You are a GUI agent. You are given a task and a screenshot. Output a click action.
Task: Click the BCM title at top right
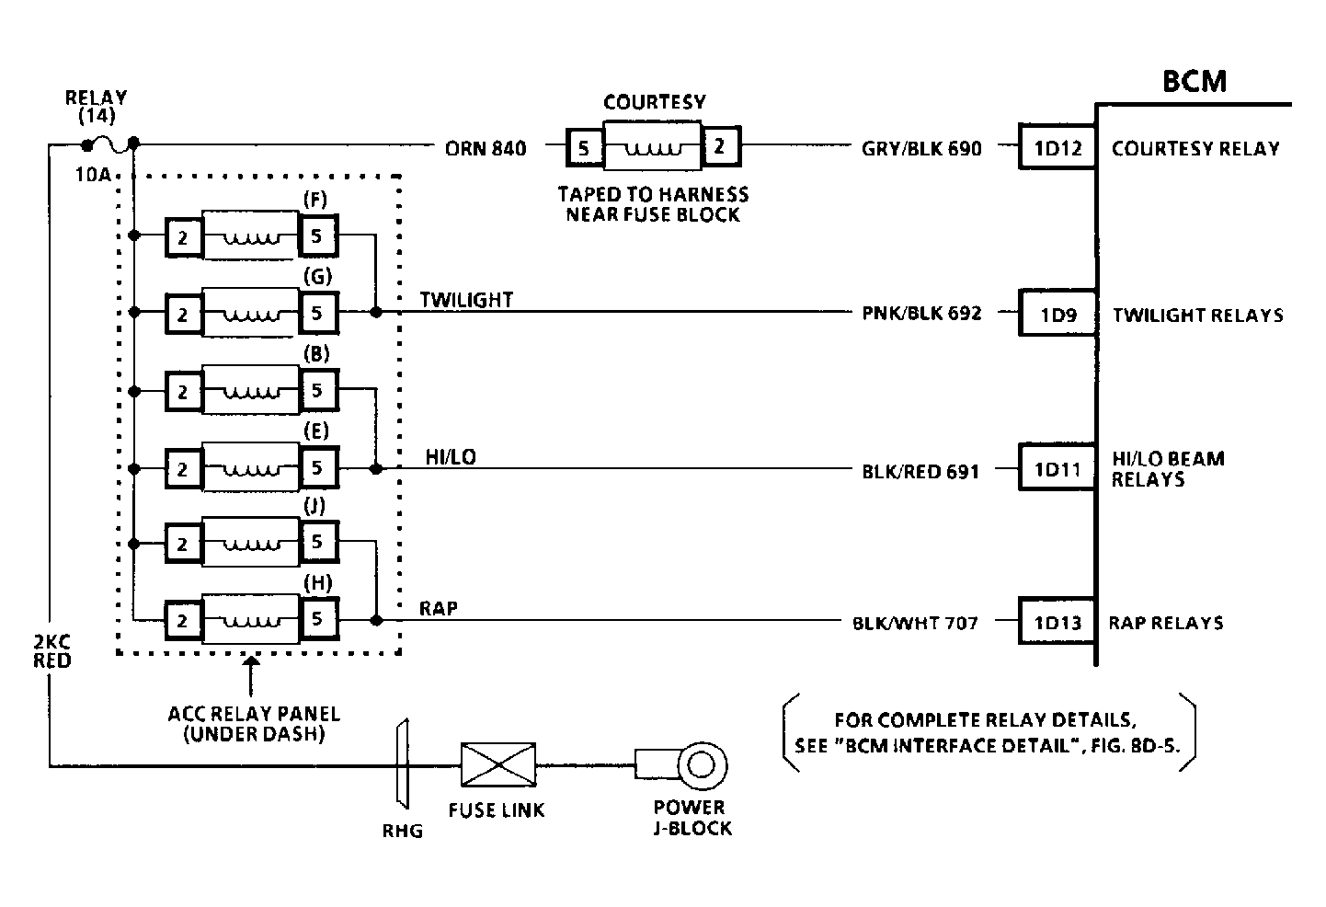(1194, 81)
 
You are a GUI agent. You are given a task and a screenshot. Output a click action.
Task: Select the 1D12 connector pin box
(1057, 147)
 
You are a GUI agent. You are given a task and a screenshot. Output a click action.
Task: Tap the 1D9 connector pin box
(1057, 314)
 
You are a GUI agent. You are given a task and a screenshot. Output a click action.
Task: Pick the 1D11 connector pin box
(1057, 468)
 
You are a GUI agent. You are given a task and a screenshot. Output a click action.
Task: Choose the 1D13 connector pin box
(1057, 622)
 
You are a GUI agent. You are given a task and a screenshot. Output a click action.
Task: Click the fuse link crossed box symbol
(498, 765)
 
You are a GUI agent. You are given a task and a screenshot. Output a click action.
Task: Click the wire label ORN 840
(486, 148)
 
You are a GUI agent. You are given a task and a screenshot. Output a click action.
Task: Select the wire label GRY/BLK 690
(921, 148)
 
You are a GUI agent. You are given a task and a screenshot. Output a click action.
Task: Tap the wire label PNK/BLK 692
(921, 313)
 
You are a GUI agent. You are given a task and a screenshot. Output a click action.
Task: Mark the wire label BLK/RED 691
(920, 471)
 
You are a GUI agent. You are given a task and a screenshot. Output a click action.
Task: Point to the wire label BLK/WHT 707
(915, 623)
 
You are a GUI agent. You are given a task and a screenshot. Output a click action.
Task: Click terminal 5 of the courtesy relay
(584, 147)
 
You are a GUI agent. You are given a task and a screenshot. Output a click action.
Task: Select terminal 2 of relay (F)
(184, 237)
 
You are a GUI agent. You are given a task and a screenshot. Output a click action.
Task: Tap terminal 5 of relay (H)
(318, 619)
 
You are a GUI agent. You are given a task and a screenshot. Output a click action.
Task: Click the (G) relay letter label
(318, 277)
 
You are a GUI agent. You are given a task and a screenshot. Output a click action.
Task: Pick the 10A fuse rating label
(94, 175)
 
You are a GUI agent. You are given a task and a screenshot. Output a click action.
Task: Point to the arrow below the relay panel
(251, 675)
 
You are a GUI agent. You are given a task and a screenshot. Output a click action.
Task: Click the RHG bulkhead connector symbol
(403, 763)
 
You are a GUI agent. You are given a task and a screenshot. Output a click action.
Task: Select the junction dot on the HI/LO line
(376, 469)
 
